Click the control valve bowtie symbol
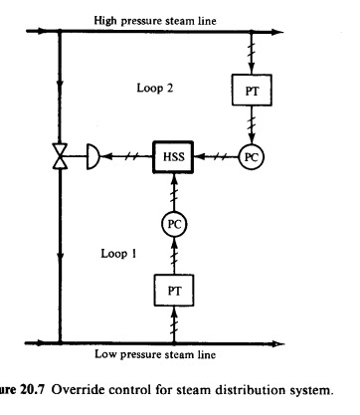click(61, 157)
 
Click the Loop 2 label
click(156, 89)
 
